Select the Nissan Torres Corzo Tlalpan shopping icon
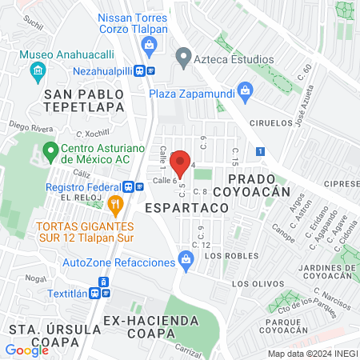coord(149,48)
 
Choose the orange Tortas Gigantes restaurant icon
coord(116,206)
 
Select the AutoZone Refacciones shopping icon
coord(186,259)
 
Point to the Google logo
coord(26,350)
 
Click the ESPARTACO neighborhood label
coord(186,206)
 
